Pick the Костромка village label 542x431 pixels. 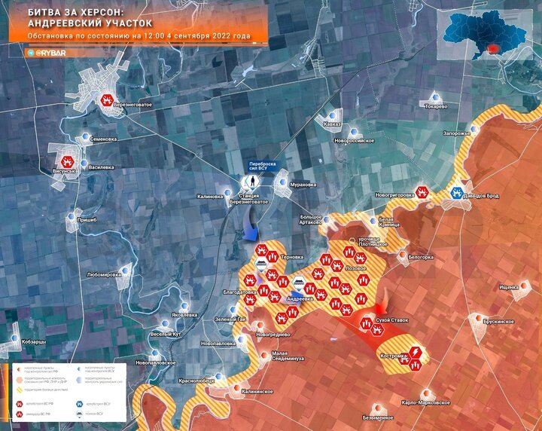click(x=396, y=354)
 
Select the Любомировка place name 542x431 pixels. click(x=104, y=275)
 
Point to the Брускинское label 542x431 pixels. click(x=498, y=322)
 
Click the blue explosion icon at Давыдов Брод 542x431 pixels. click(x=456, y=193)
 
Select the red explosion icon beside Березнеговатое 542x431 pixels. click(x=109, y=99)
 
